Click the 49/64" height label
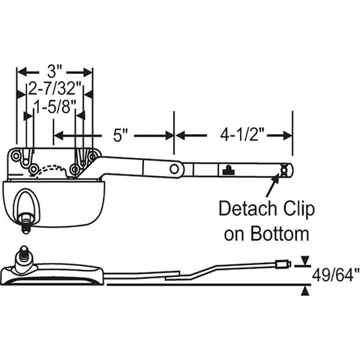335,275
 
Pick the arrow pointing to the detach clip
271,187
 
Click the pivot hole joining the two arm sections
174,169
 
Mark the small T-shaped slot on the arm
227,170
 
